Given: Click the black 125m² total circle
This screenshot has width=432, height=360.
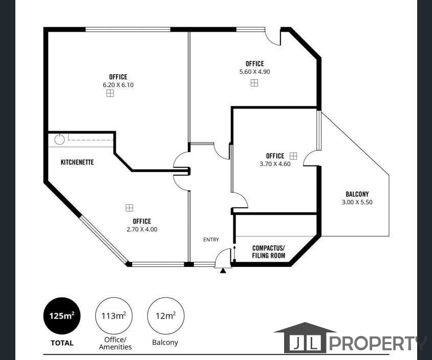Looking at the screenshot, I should [x=62, y=316].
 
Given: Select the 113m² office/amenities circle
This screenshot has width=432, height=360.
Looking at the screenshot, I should [x=114, y=316].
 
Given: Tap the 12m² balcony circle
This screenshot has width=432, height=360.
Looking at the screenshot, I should [x=165, y=316].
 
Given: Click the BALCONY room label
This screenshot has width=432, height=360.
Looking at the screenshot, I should [x=357, y=194].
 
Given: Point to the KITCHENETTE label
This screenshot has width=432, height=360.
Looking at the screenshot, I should [x=77, y=162].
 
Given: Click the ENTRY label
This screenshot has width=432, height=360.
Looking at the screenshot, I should [x=211, y=240].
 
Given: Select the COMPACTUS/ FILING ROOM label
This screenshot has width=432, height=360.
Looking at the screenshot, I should [x=268, y=251].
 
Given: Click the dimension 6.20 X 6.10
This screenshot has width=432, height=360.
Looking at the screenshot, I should [x=118, y=85].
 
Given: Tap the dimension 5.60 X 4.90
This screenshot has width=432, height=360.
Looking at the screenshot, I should [x=254, y=72].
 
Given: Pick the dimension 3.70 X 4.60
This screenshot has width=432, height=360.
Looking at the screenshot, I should [x=275, y=164].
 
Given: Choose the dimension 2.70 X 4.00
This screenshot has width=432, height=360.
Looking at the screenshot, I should [x=142, y=229].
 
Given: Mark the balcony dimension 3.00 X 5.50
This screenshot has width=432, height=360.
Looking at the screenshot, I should [x=357, y=202].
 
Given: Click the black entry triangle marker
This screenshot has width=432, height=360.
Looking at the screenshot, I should [x=223, y=270].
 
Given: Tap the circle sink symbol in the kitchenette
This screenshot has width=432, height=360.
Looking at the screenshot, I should [x=59, y=138].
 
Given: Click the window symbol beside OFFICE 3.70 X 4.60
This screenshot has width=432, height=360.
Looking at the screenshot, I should [x=293, y=155].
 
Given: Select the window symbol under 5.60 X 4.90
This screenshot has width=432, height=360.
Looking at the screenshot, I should [x=254, y=82].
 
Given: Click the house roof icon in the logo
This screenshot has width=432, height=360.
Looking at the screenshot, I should [x=305, y=328].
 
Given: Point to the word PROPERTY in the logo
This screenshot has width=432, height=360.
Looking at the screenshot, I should [x=377, y=343].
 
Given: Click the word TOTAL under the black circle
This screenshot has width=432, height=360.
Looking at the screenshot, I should [x=62, y=343].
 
